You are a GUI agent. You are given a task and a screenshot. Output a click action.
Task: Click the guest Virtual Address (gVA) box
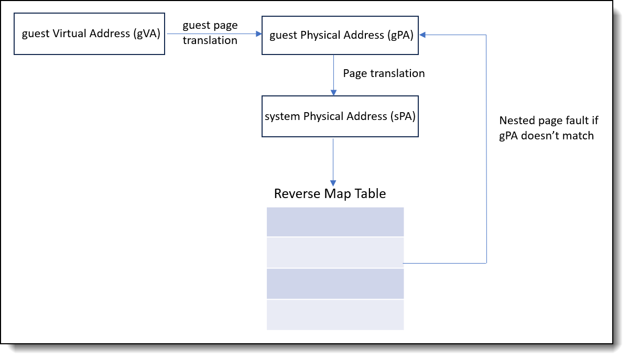tap(89, 35)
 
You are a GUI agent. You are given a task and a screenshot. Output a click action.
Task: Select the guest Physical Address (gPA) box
tap(340, 35)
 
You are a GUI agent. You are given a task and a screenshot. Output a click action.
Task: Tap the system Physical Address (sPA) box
tap(340, 116)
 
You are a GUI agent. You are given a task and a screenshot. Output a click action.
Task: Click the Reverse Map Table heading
tap(330, 194)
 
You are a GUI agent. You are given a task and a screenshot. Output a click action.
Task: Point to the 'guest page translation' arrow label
tap(210, 33)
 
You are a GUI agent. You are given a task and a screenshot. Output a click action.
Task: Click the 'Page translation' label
tap(384, 73)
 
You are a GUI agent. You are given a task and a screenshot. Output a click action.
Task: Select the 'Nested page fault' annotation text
tap(548, 128)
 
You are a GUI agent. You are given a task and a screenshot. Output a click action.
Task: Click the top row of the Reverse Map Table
tap(335, 222)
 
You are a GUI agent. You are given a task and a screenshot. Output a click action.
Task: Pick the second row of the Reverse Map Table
tap(335, 253)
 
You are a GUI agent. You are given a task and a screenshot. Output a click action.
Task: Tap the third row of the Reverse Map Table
tap(335, 283)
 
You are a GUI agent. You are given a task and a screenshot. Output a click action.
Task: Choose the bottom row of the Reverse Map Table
tap(335, 314)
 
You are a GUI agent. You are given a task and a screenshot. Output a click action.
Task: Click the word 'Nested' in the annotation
tap(516, 121)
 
